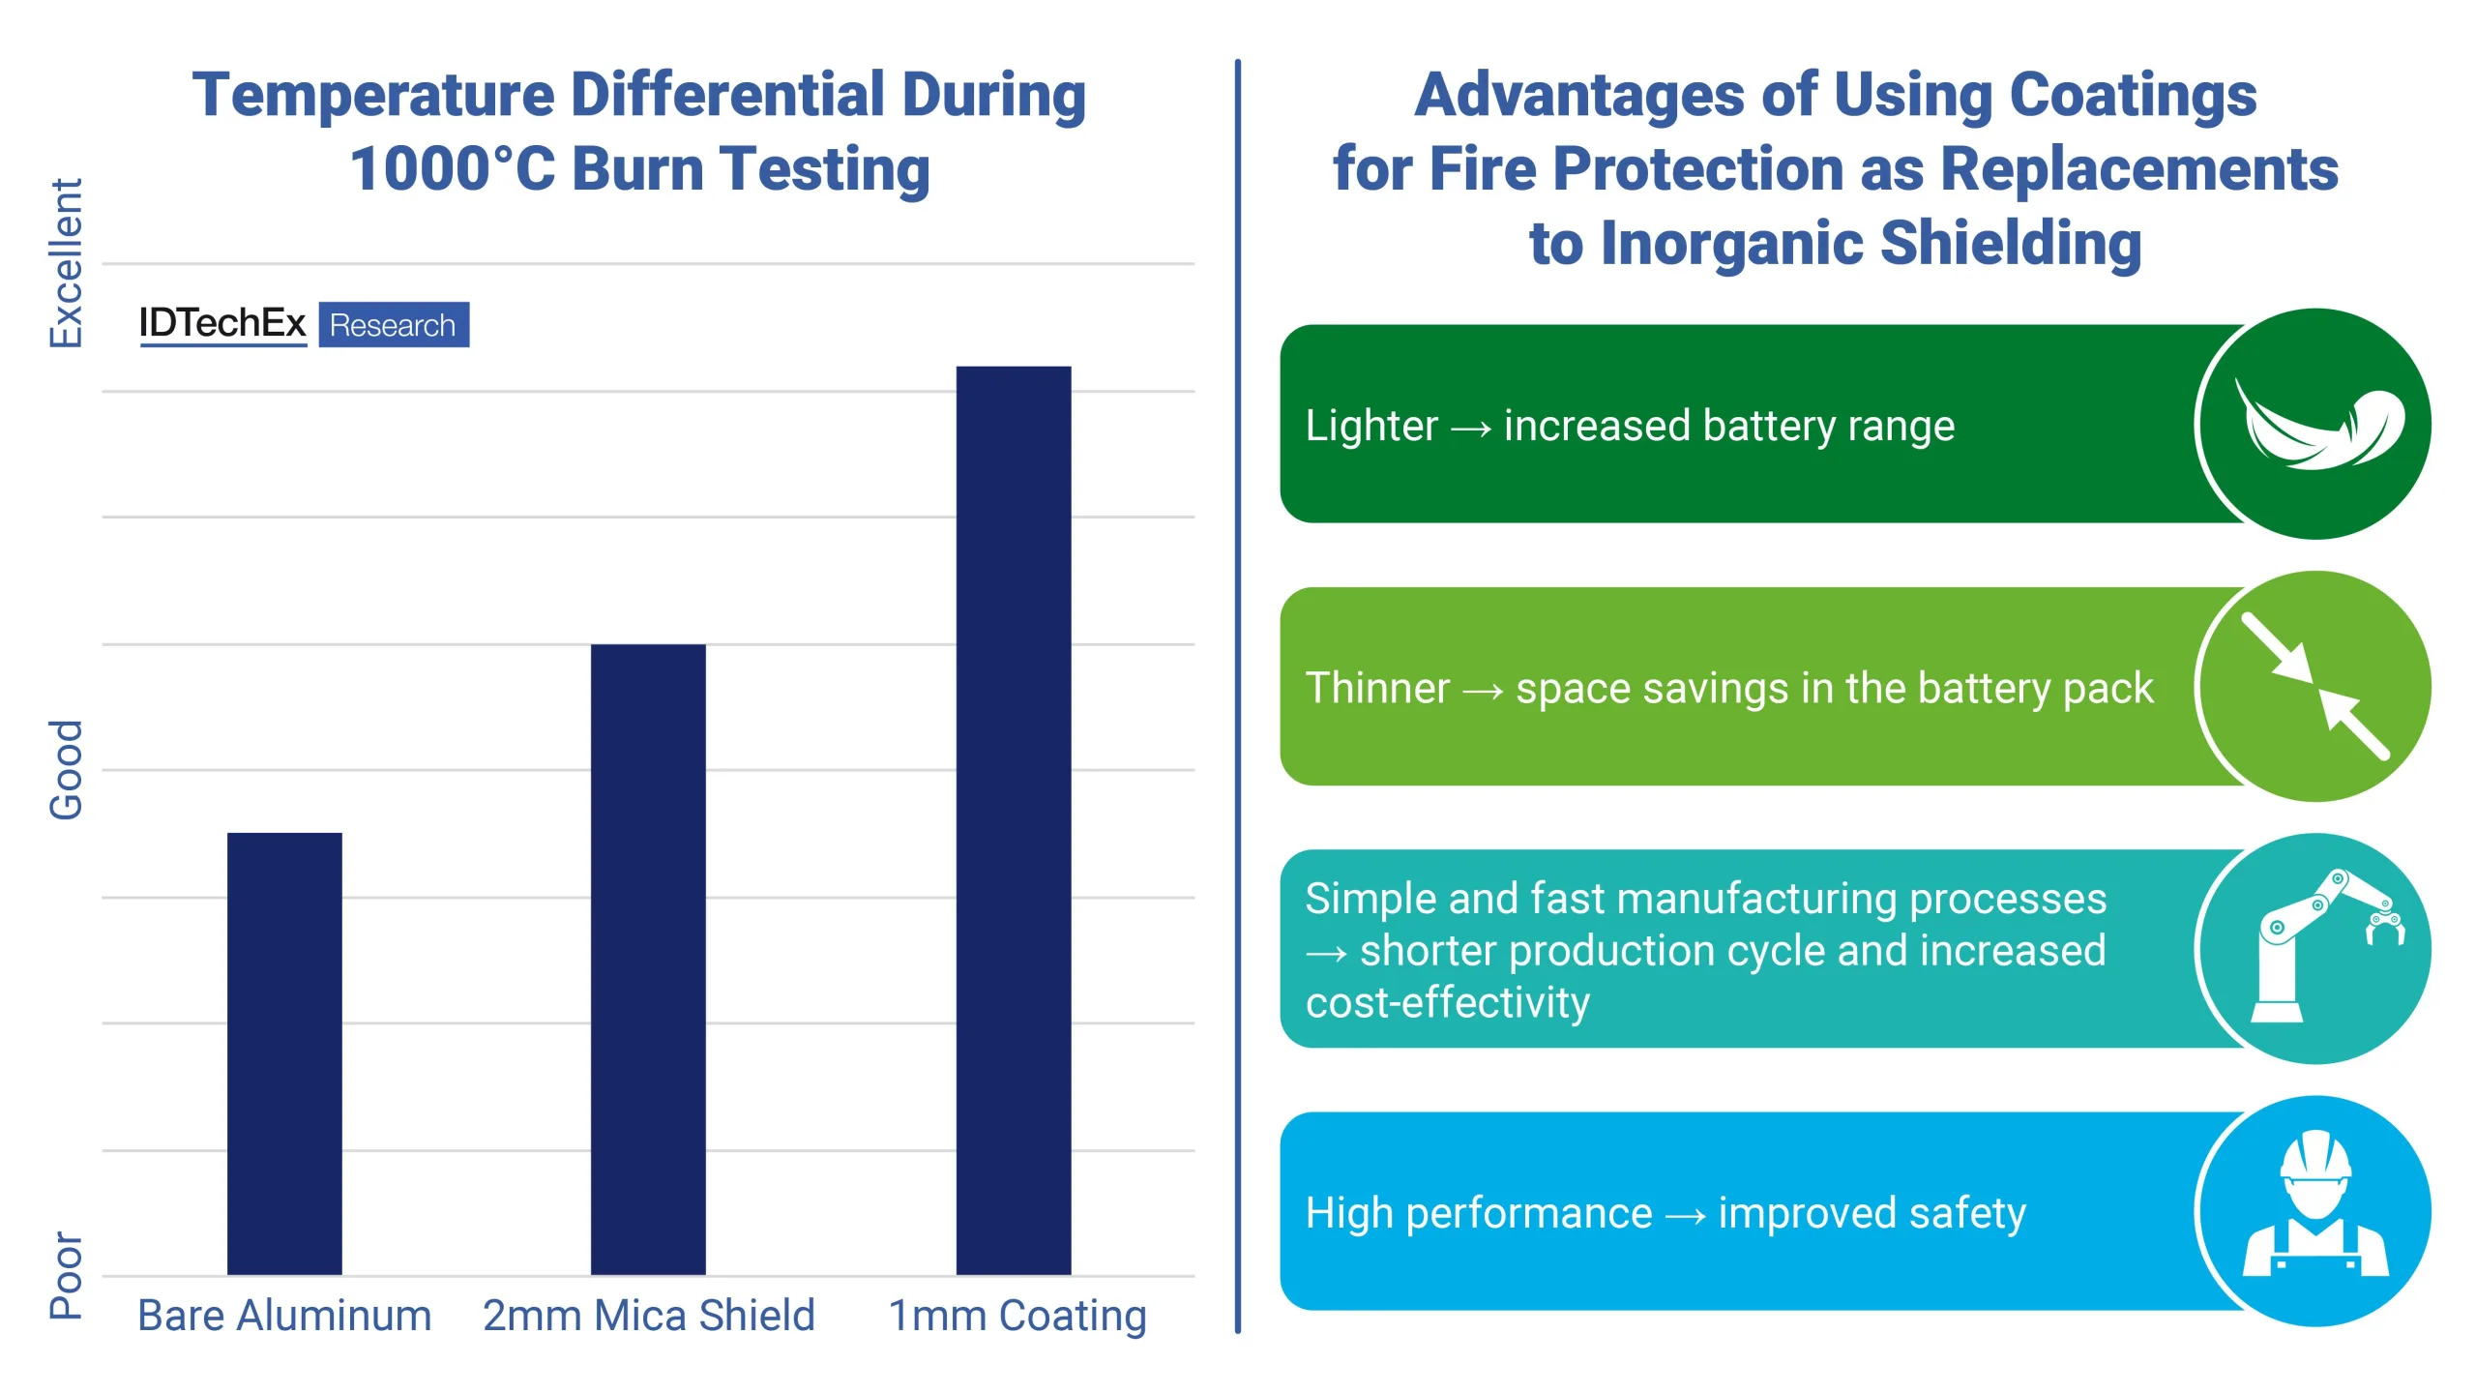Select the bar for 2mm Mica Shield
click(648, 958)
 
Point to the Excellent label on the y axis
click(66, 263)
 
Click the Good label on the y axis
click(66, 769)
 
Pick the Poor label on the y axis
click(66, 1275)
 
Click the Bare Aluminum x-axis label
click(284, 1316)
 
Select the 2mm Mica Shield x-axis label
click(649, 1316)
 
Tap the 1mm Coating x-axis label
click(1017, 1316)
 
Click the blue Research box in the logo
click(394, 325)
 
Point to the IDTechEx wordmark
click(222, 323)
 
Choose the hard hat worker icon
click(2314, 1209)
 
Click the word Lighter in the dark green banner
click(1371, 427)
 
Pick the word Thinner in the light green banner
click(1377, 689)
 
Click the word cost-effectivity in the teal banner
click(1447, 1003)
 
